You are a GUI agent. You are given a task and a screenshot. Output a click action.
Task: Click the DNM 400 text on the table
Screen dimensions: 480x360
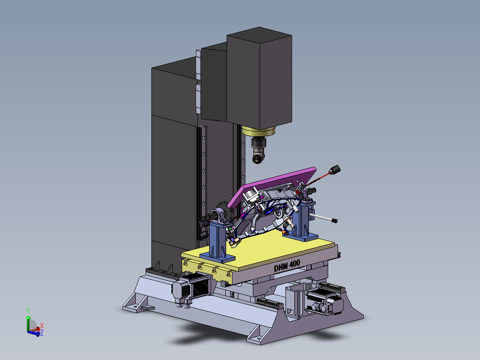(287, 266)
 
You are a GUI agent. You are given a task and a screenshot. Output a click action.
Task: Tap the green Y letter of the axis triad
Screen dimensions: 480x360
(28, 311)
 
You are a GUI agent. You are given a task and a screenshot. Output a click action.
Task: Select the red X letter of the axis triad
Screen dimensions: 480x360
(42, 325)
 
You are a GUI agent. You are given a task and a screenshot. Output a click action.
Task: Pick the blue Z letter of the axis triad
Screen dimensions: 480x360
(42, 332)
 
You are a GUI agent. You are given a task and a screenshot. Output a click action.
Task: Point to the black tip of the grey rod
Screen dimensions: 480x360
(334, 220)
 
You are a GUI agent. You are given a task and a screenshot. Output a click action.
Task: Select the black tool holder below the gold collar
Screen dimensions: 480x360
(259, 150)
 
